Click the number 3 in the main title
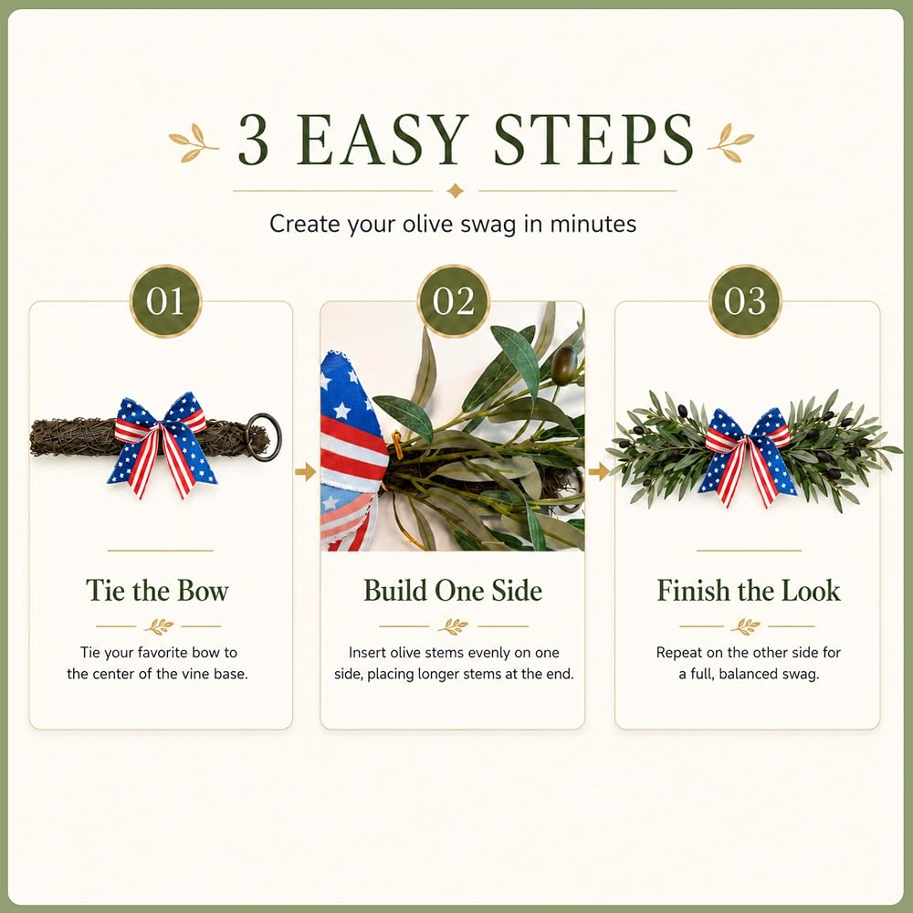[x=254, y=140]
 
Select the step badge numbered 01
[x=165, y=301]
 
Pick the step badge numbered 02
[x=454, y=301]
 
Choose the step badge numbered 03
[x=745, y=301]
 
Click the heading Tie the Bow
[x=157, y=591]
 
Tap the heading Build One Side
[x=453, y=591]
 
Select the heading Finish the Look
[x=749, y=591]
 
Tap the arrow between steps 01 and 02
[x=305, y=472]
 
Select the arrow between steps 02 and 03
[x=599, y=472]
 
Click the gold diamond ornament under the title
[x=456, y=191]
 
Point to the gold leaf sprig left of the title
[x=194, y=142]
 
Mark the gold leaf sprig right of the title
[x=730, y=142]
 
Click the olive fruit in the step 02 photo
[x=563, y=365]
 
